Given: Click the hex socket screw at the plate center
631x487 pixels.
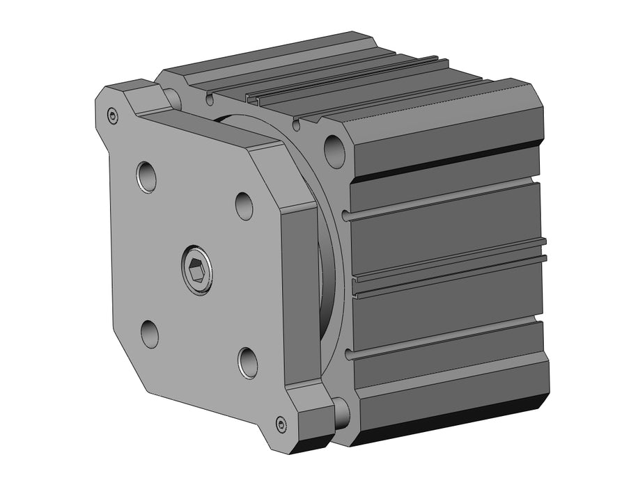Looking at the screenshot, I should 196,268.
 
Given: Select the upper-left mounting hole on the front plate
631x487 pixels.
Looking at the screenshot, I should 146,177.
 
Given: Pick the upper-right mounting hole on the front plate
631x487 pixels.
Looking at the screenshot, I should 244,206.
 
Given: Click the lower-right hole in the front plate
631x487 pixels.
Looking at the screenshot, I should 248,362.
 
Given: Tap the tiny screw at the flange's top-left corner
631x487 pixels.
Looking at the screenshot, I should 113,115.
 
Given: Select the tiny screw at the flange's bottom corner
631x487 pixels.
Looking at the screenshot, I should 281,423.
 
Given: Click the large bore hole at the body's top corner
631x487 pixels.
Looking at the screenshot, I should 334,147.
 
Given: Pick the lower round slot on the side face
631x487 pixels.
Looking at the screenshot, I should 446,340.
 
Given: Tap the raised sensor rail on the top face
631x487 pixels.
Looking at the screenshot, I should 348,83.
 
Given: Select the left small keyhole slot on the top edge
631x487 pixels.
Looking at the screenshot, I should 209,100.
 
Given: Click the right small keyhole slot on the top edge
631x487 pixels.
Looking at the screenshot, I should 297,125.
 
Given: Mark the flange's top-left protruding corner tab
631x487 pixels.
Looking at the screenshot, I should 129,97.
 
